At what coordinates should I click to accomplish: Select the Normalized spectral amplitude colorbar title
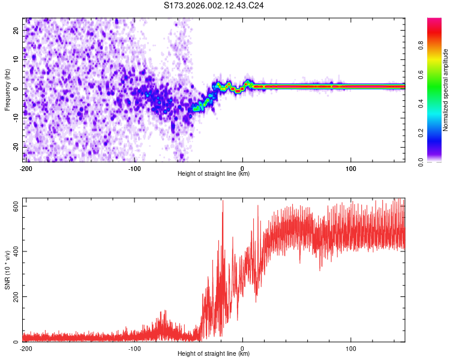pos(446,90)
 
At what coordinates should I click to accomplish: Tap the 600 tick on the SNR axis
pos(14,206)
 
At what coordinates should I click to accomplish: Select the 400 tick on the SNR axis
pos(14,251)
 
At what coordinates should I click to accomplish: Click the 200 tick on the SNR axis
pos(14,297)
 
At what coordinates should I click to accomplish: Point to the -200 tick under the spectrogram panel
pos(25,168)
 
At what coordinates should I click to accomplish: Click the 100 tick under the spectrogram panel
pos(350,168)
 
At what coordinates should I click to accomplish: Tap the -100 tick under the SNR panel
pos(134,348)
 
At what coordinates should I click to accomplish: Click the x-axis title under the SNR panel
pos(214,354)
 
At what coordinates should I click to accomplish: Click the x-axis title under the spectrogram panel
pos(214,174)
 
